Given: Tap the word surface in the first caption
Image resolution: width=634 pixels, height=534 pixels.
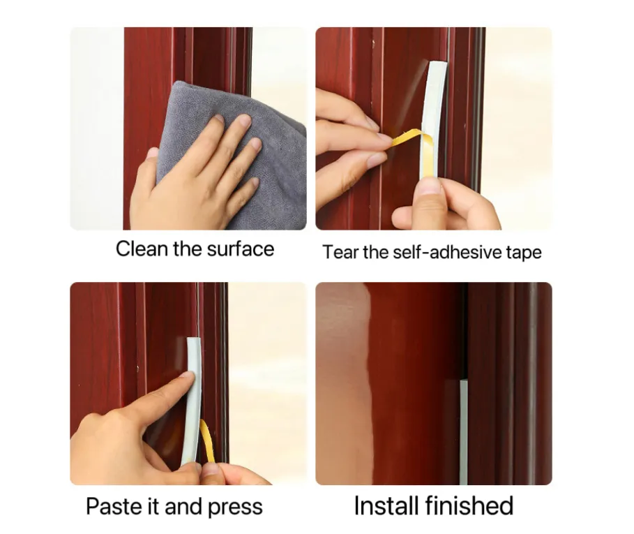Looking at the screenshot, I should (240, 249).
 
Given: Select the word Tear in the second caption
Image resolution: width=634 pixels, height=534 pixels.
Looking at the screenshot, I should (340, 252).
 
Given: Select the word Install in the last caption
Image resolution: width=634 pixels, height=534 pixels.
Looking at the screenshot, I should (386, 505).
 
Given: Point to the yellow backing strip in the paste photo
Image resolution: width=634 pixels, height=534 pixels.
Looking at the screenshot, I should (207, 440).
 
